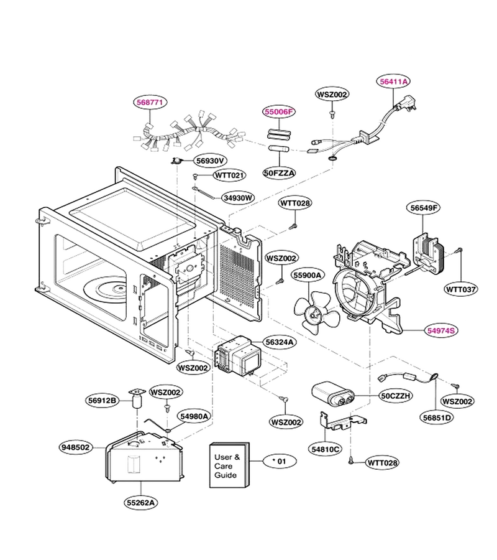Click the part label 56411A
pyautogui.click(x=393, y=82)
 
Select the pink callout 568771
pyautogui.click(x=150, y=102)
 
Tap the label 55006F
pyautogui.click(x=279, y=112)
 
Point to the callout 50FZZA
pyautogui.click(x=280, y=173)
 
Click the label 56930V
pyautogui.click(x=211, y=161)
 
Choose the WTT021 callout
pyautogui.click(x=230, y=175)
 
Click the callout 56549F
pyautogui.click(x=423, y=208)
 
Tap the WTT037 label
pyautogui.click(x=461, y=289)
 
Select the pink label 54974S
pyautogui.click(x=441, y=331)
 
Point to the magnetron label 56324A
pyautogui.click(x=280, y=342)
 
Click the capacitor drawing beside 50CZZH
pyautogui.click(x=333, y=394)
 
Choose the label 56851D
pyautogui.click(x=437, y=417)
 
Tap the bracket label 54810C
pyautogui.click(x=325, y=449)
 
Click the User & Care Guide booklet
pyautogui.click(x=229, y=465)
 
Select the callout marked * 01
pyautogui.click(x=280, y=461)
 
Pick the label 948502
pyautogui.click(x=76, y=447)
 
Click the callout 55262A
pyautogui.click(x=141, y=503)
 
